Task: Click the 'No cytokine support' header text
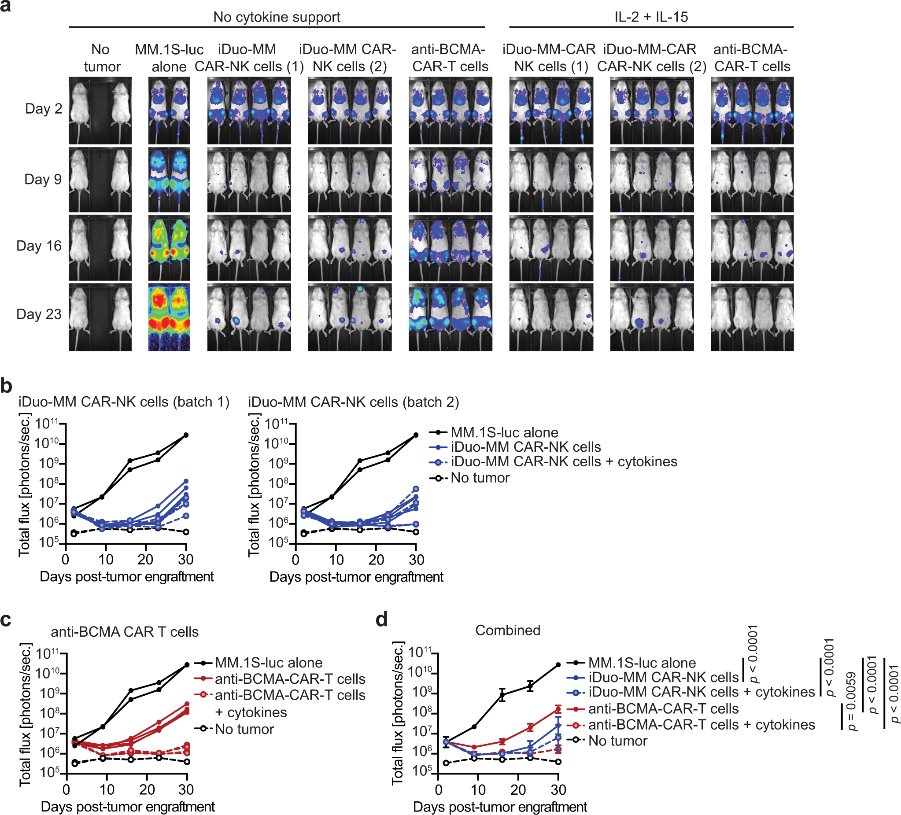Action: (276, 17)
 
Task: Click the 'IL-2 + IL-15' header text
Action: (651, 17)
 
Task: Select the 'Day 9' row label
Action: (43, 179)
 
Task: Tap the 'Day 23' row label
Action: (39, 314)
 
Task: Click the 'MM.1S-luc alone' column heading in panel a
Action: (169, 58)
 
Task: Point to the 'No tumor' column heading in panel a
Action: (101, 58)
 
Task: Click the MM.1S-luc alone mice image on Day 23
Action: (169, 317)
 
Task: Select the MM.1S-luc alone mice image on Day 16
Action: (169, 247)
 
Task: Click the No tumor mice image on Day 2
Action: (100, 111)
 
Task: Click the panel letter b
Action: (6, 386)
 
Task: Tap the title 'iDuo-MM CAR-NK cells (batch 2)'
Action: (354, 402)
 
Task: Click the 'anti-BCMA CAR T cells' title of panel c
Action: (125, 632)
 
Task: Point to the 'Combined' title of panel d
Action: (507, 630)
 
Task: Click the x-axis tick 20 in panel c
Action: (147, 789)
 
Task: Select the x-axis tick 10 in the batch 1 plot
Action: (106, 560)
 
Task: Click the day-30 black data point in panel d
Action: (558, 665)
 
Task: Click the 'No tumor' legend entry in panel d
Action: (618, 741)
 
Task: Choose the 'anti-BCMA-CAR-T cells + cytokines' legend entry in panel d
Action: (701, 725)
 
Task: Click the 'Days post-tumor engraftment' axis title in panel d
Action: (500, 807)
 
